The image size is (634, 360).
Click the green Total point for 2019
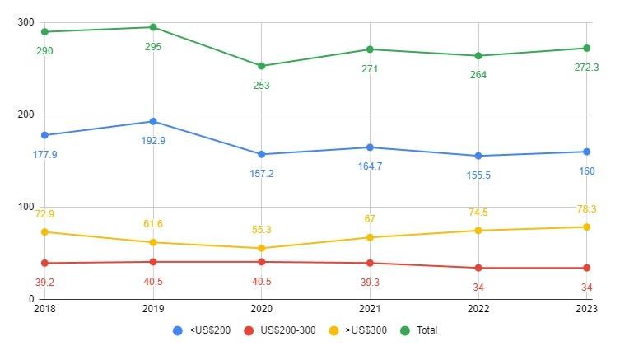tap(152, 27)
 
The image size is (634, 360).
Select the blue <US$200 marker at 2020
tap(261, 154)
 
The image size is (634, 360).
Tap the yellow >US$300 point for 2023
tap(587, 227)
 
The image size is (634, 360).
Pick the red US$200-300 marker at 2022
tap(478, 268)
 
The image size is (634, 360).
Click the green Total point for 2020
tap(261, 66)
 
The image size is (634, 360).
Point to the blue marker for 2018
tap(44, 135)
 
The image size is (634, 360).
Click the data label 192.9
tap(152, 141)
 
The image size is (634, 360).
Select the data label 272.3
tap(586, 68)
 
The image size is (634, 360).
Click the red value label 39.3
tap(370, 282)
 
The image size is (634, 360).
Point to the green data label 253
tap(261, 86)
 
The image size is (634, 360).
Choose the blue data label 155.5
tap(478, 175)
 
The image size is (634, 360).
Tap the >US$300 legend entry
tap(360, 330)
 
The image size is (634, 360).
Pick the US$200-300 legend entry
tap(280, 330)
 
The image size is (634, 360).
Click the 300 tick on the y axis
tap(25, 22)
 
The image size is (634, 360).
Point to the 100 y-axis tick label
tap(25, 208)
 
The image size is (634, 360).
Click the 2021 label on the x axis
tap(370, 309)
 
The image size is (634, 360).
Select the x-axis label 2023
tap(586, 309)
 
